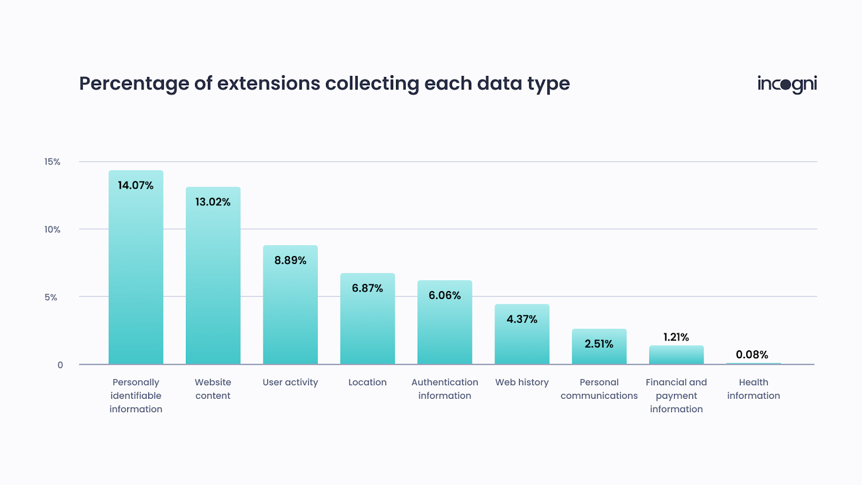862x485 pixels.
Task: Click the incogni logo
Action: click(787, 84)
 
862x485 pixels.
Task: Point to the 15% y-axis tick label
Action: click(52, 162)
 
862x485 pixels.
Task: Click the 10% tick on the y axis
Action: click(52, 230)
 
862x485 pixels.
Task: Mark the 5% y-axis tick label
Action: click(51, 297)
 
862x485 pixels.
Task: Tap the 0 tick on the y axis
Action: click(60, 365)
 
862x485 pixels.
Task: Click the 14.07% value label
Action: click(136, 185)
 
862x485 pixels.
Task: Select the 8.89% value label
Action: click(290, 260)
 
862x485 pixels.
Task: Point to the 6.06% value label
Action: click(444, 295)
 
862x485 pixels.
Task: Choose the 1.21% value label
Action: click(676, 337)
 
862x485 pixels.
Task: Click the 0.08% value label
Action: click(752, 355)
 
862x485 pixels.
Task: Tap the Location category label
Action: click(367, 382)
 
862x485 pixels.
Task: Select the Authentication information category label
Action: click(444, 389)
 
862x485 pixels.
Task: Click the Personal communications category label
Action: click(599, 389)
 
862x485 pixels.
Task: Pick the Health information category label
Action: click(753, 389)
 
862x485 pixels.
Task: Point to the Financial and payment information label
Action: click(676, 396)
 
